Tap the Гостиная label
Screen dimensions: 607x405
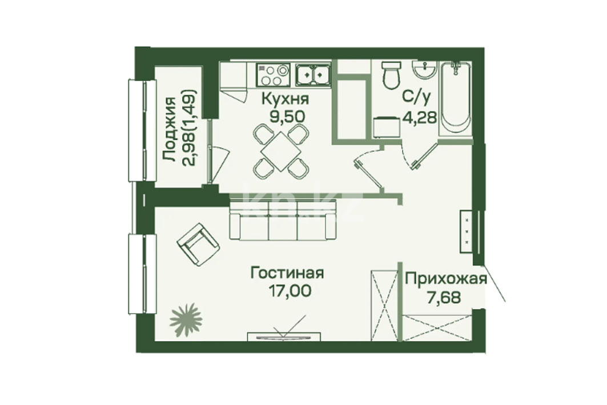pos(287,273)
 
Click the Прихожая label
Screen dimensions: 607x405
pos(445,279)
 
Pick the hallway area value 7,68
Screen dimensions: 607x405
pos(444,298)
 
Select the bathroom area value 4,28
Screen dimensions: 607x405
pos(420,116)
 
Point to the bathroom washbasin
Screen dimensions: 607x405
pos(425,70)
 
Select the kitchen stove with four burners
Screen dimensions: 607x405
pos(273,75)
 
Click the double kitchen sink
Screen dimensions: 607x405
pos(313,75)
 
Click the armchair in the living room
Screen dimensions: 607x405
pos(198,244)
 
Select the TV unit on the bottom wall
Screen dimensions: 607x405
pos(284,336)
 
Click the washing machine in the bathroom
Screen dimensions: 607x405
pos(387,127)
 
